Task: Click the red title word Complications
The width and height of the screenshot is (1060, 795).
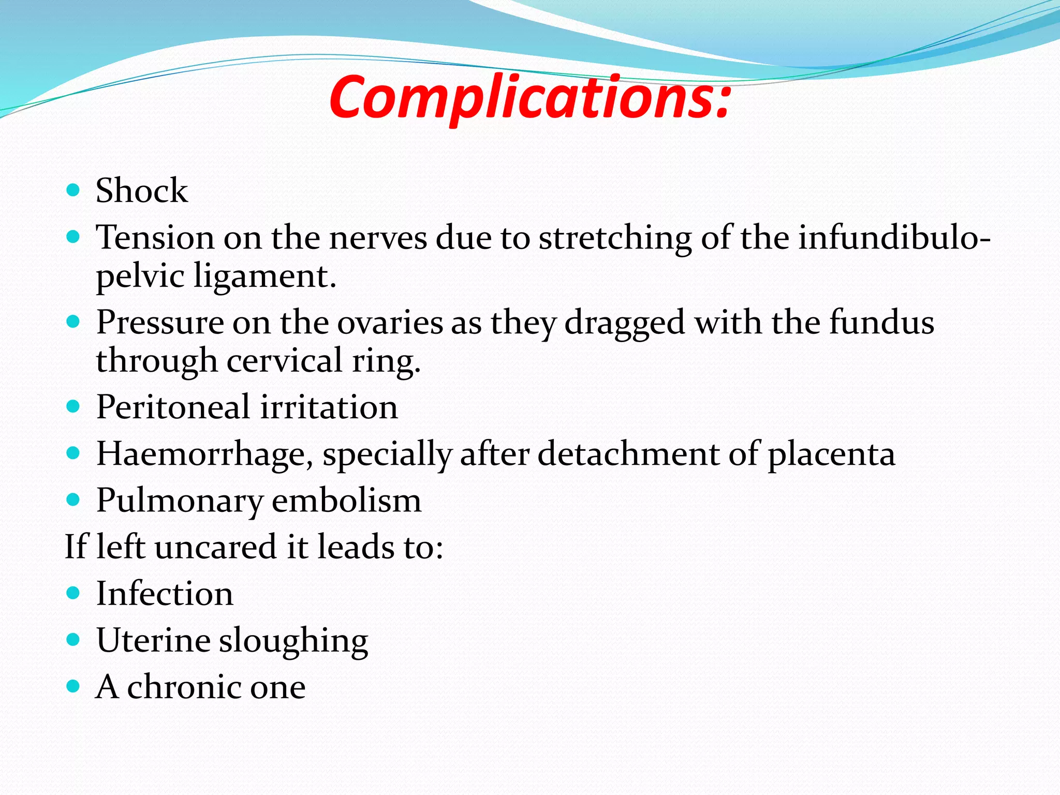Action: pos(529,97)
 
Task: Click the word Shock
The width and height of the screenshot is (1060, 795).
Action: pos(142,190)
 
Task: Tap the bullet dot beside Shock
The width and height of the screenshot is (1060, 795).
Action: pos(73,190)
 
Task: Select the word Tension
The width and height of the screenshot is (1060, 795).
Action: pos(155,238)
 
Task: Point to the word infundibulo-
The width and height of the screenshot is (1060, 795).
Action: pos(894,238)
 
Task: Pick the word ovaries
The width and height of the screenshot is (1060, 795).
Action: pos(390,322)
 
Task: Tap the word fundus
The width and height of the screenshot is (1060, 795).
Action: pos(881,322)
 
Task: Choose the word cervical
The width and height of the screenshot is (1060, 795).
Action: pos(284,360)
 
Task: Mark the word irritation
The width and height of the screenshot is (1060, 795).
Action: pos(329,407)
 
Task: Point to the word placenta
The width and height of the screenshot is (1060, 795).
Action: pos(831,454)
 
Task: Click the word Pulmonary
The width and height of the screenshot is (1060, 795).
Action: pos(180,501)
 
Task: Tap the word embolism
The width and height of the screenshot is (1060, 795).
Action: pos(346,501)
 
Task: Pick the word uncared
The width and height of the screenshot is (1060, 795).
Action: pos(215,547)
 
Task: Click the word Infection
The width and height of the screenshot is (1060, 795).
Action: pos(165,594)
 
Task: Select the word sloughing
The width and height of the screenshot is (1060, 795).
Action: pos(293,641)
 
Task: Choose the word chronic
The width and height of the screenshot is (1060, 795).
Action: pos(184,687)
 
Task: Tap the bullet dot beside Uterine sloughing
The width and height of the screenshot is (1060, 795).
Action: pos(73,640)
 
